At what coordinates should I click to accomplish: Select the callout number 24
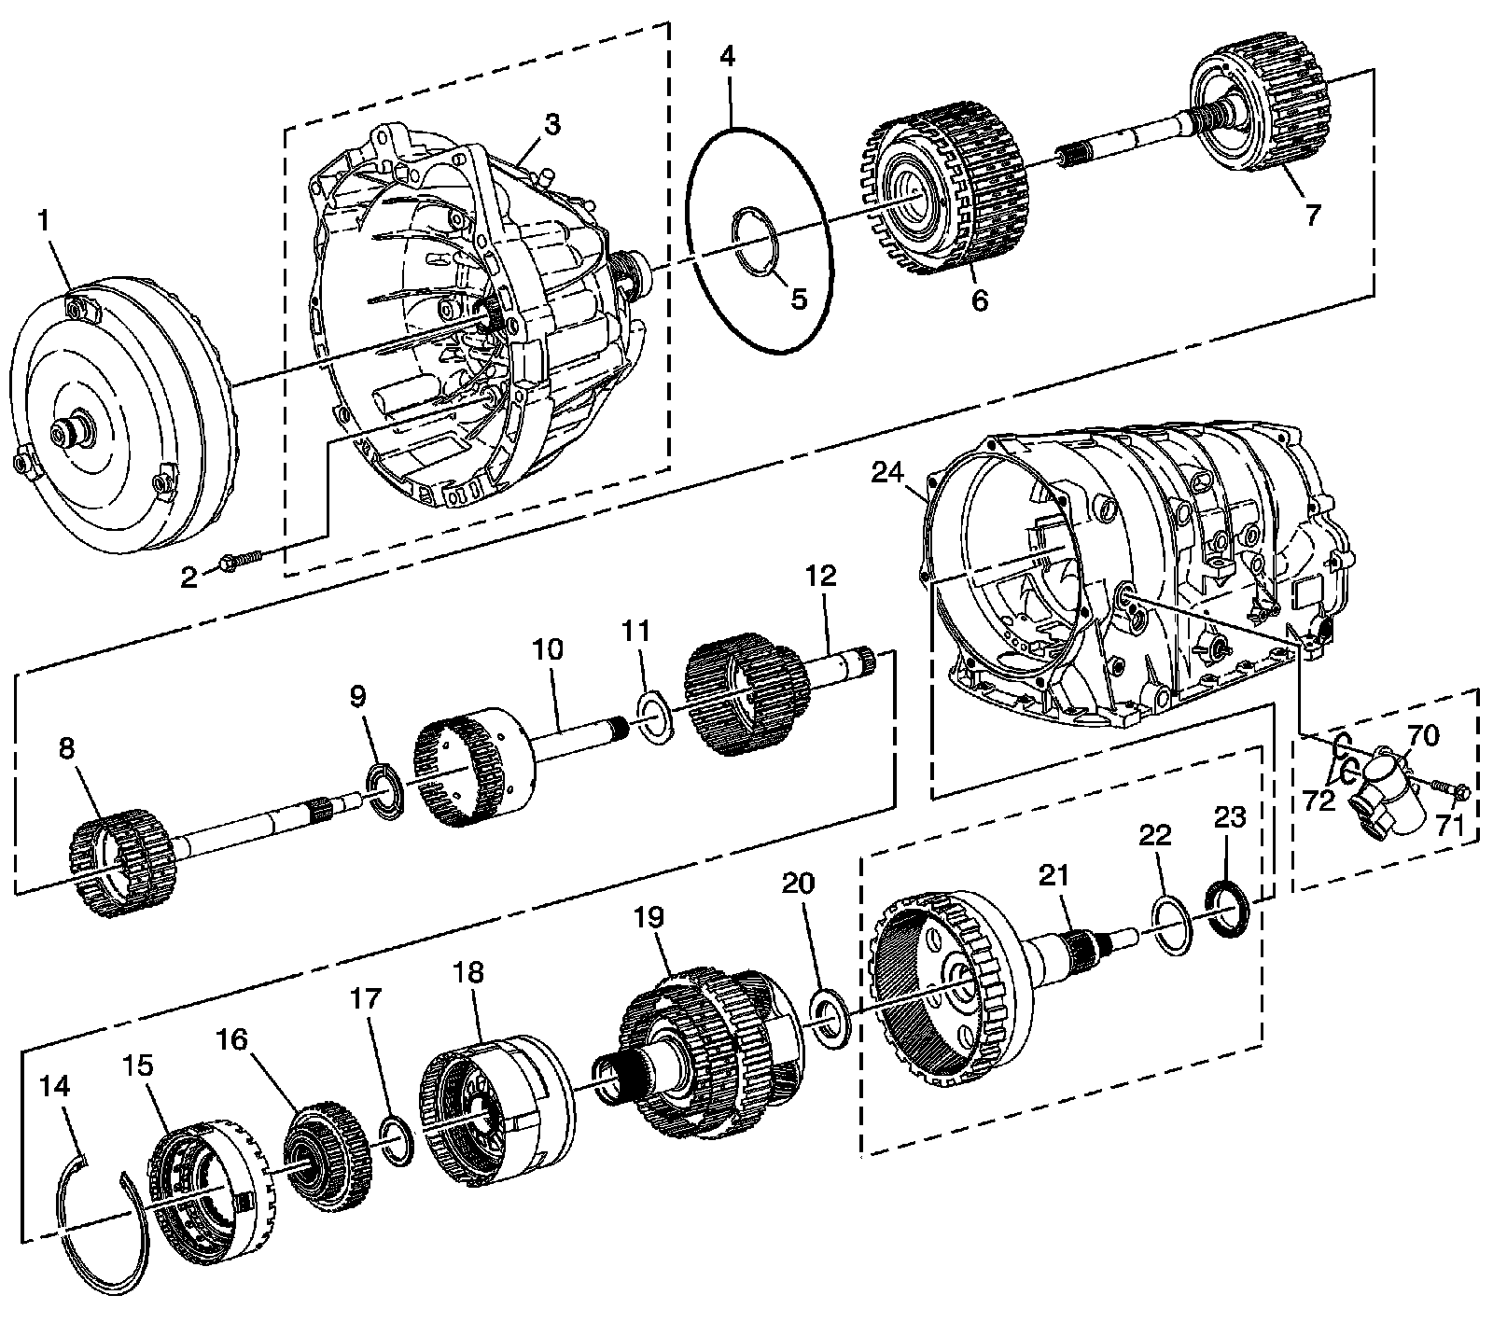click(x=886, y=474)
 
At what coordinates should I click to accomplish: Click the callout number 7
click(x=1312, y=215)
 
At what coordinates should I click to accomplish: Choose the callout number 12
click(x=822, y=576)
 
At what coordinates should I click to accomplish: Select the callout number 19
click(x=649, y=917)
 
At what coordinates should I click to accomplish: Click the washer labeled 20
click(x=828, y=1020)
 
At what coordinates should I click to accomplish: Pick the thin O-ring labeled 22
click(x=1171, y=925)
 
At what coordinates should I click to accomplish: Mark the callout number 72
click(x=1319, y=801)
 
